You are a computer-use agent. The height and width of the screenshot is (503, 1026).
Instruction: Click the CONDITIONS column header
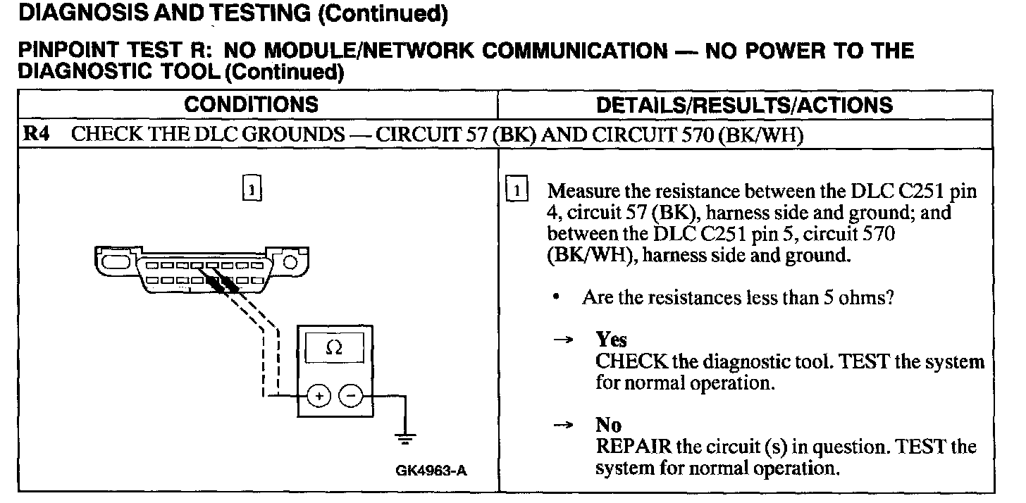251,105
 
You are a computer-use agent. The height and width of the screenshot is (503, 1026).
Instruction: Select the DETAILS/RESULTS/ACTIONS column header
744,105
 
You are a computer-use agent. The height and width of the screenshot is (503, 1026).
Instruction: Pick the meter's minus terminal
350,397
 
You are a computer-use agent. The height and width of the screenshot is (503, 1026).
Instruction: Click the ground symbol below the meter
405,438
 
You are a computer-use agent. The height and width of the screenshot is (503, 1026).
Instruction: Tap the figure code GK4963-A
431,471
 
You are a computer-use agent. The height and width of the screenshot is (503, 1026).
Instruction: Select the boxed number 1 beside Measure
517,190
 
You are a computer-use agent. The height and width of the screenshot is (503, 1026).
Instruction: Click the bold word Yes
611,340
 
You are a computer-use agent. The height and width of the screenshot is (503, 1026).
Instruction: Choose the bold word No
608,426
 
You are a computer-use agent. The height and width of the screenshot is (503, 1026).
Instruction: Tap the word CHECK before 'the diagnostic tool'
631,361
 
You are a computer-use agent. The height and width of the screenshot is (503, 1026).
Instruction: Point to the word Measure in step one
583,191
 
